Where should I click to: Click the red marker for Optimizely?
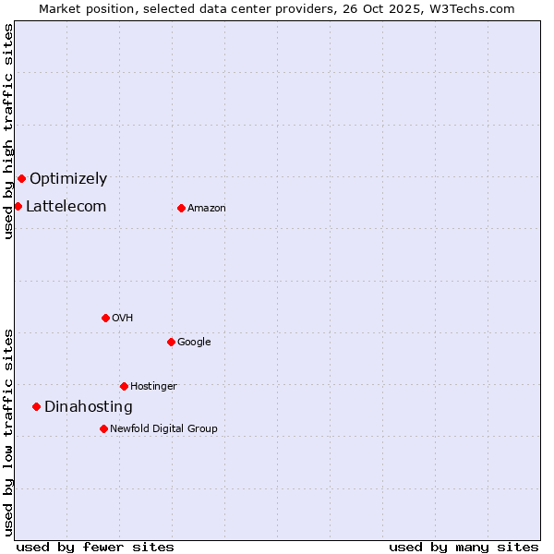[21, 178]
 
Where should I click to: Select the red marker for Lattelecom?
[18, 206]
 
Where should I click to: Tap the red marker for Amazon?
[181, 208]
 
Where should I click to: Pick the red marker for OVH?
[105, 318]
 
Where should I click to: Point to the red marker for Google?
[171, 342]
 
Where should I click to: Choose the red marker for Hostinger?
[124, 386]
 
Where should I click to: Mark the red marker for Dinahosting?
[36, 406]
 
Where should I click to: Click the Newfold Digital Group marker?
[103, 428]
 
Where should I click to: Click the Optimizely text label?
[68, 179]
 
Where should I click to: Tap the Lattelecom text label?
[66, 207]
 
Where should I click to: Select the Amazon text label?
[207, 209]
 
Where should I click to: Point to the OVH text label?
[123, 319]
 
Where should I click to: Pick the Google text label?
[194, 343]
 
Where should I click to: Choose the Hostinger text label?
[153, 387]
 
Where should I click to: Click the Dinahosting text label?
[89, 407]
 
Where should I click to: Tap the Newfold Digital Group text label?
[163, 429]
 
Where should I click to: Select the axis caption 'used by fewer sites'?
[95, 548]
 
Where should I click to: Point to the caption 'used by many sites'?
[464, 548]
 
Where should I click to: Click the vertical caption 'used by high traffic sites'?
[8, 131]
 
